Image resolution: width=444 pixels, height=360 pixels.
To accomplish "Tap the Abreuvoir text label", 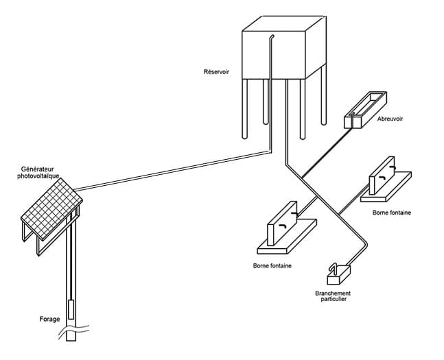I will pyautogui.click(x=390, y=119).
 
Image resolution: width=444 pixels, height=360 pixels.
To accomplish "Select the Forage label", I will pyautogui.click(x=49, y=320).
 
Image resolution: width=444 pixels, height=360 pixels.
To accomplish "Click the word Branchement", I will pyautogui.click(x=334, y=293).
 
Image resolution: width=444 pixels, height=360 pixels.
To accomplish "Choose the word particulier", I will pyautogui.click(x=334, y=300).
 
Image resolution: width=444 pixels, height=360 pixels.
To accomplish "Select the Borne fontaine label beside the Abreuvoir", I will pyautogui.click(x=392, y=213).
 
